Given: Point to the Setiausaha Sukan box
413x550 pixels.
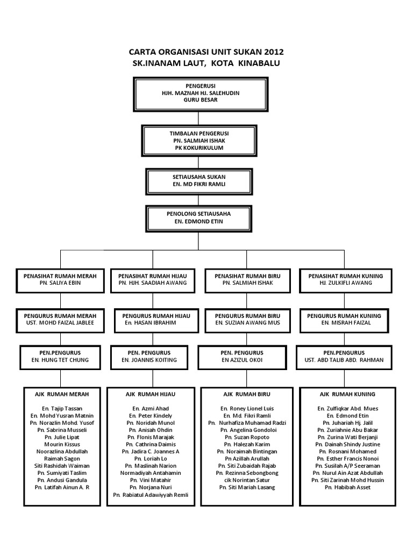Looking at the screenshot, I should pos(199,180).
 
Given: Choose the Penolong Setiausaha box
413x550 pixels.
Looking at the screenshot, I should pos(199,217).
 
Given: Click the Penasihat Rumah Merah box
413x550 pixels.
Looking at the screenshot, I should pos(60,279).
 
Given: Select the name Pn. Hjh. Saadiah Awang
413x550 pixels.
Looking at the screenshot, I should pos(152,283).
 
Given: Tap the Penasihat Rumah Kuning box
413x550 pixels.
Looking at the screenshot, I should pos(346,279).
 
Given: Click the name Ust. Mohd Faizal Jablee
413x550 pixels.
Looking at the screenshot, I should pos(60,323).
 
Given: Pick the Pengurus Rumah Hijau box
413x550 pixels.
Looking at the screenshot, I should pos(152,319).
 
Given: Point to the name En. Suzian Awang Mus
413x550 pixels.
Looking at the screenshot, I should pos(248,323).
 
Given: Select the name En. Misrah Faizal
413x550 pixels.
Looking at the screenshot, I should pos(346,323).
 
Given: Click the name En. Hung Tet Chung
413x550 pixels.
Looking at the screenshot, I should pos(60,360).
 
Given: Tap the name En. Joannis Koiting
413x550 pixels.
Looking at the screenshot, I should pos(152,360).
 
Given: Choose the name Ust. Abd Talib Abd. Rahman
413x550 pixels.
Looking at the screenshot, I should pos(346,360).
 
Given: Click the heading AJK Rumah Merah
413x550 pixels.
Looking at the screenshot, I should pos(60,394).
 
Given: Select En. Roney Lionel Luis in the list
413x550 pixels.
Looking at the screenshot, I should pos(248,408).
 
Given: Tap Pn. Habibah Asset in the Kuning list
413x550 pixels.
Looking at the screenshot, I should pos(346,487).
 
